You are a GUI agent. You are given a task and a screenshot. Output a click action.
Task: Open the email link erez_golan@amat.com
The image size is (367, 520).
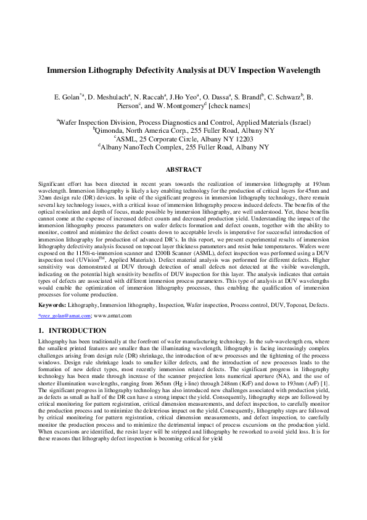click(65, 316)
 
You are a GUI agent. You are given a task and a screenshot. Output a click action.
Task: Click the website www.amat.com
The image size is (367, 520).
click(113, 316)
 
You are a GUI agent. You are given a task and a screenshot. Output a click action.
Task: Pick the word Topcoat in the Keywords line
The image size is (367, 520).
click(291, 306)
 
